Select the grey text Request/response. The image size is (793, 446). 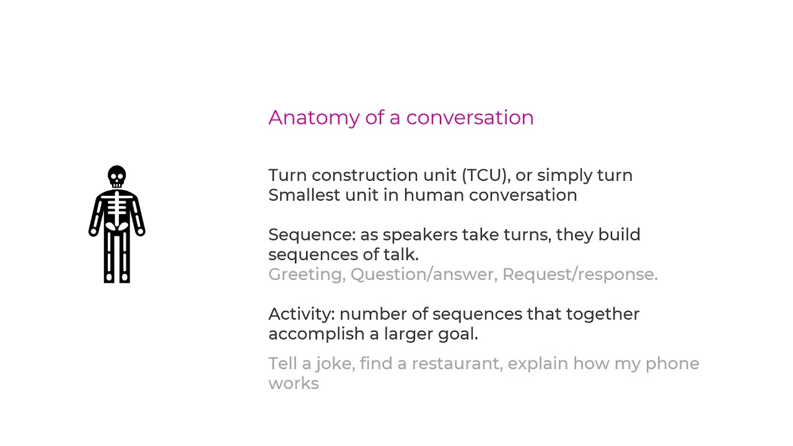point(580,274)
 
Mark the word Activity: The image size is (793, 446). point(301,314)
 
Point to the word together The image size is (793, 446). point(602,314)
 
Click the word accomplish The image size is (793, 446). point(316,334)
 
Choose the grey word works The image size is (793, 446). point(294,383)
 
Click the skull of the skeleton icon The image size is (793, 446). point(116,176)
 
